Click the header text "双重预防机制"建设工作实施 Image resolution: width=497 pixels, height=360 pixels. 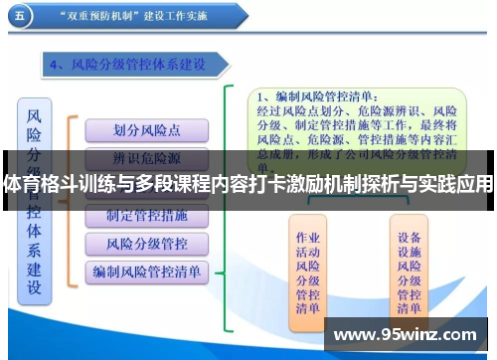(148, 17)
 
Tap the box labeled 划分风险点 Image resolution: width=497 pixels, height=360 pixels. (146, 130)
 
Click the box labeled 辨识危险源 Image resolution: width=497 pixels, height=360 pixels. (146, 158)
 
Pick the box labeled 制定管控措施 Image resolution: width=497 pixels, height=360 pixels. (146, 215)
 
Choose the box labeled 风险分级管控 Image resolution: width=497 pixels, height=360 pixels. (146, 243)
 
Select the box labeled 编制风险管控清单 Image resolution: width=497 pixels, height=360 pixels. (146, 270)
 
